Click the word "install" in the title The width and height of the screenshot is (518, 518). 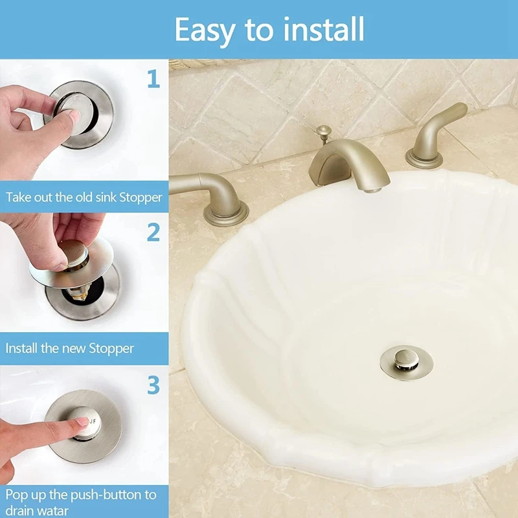coord(318,29)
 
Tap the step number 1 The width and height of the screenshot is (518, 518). coord(153,79)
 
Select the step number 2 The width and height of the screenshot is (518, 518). coord(153,231)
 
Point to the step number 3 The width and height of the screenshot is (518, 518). coord(153,385)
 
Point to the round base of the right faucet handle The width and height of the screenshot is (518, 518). coord(425,157)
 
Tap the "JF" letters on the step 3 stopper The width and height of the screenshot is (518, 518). coord(91,421)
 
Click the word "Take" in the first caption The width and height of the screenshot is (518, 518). coord(19,197)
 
